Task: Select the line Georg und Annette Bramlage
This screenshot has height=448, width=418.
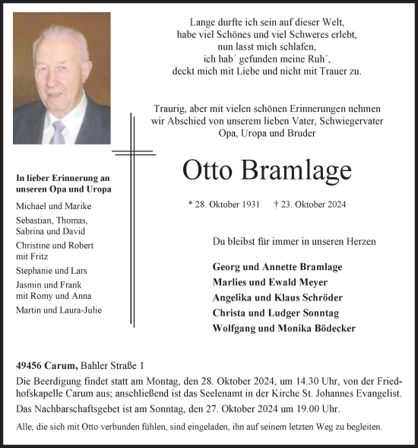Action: pos(277,267)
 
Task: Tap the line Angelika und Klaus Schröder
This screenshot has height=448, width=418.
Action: pos(277,297)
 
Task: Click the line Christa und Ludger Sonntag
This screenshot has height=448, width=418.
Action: pos(275,313)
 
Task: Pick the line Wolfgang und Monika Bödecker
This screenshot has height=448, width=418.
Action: pos(284,329)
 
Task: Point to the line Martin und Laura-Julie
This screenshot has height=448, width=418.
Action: pos(59,310)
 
